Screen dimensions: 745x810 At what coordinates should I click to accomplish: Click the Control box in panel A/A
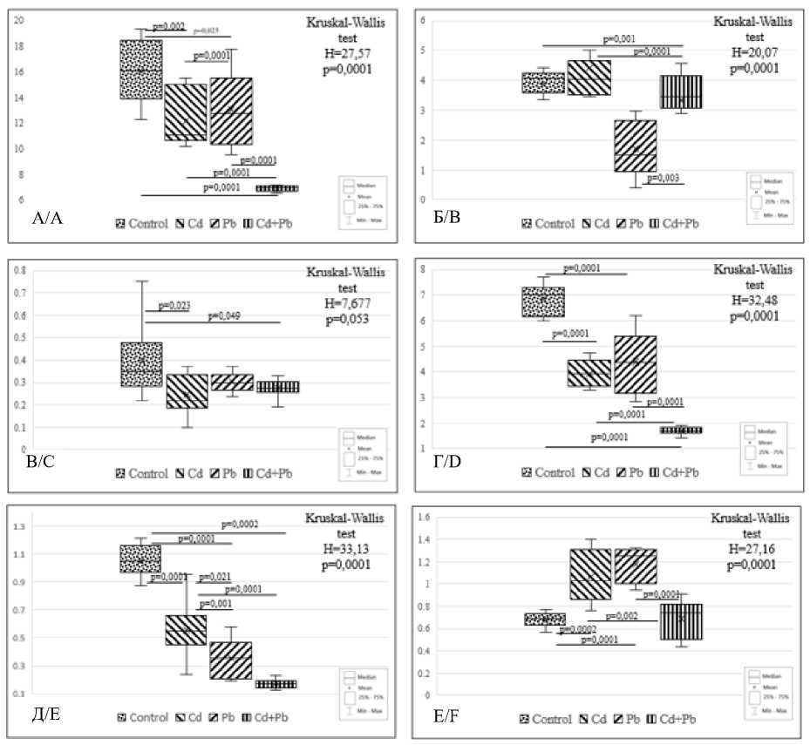(140, 70)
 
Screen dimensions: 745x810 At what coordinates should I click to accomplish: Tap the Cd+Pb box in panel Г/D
(680, 430)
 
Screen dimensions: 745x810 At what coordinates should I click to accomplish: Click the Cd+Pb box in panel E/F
(680, 621)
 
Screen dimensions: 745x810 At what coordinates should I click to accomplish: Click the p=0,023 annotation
(169, 305)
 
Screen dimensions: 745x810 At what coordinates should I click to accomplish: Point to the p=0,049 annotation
(230, 316)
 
